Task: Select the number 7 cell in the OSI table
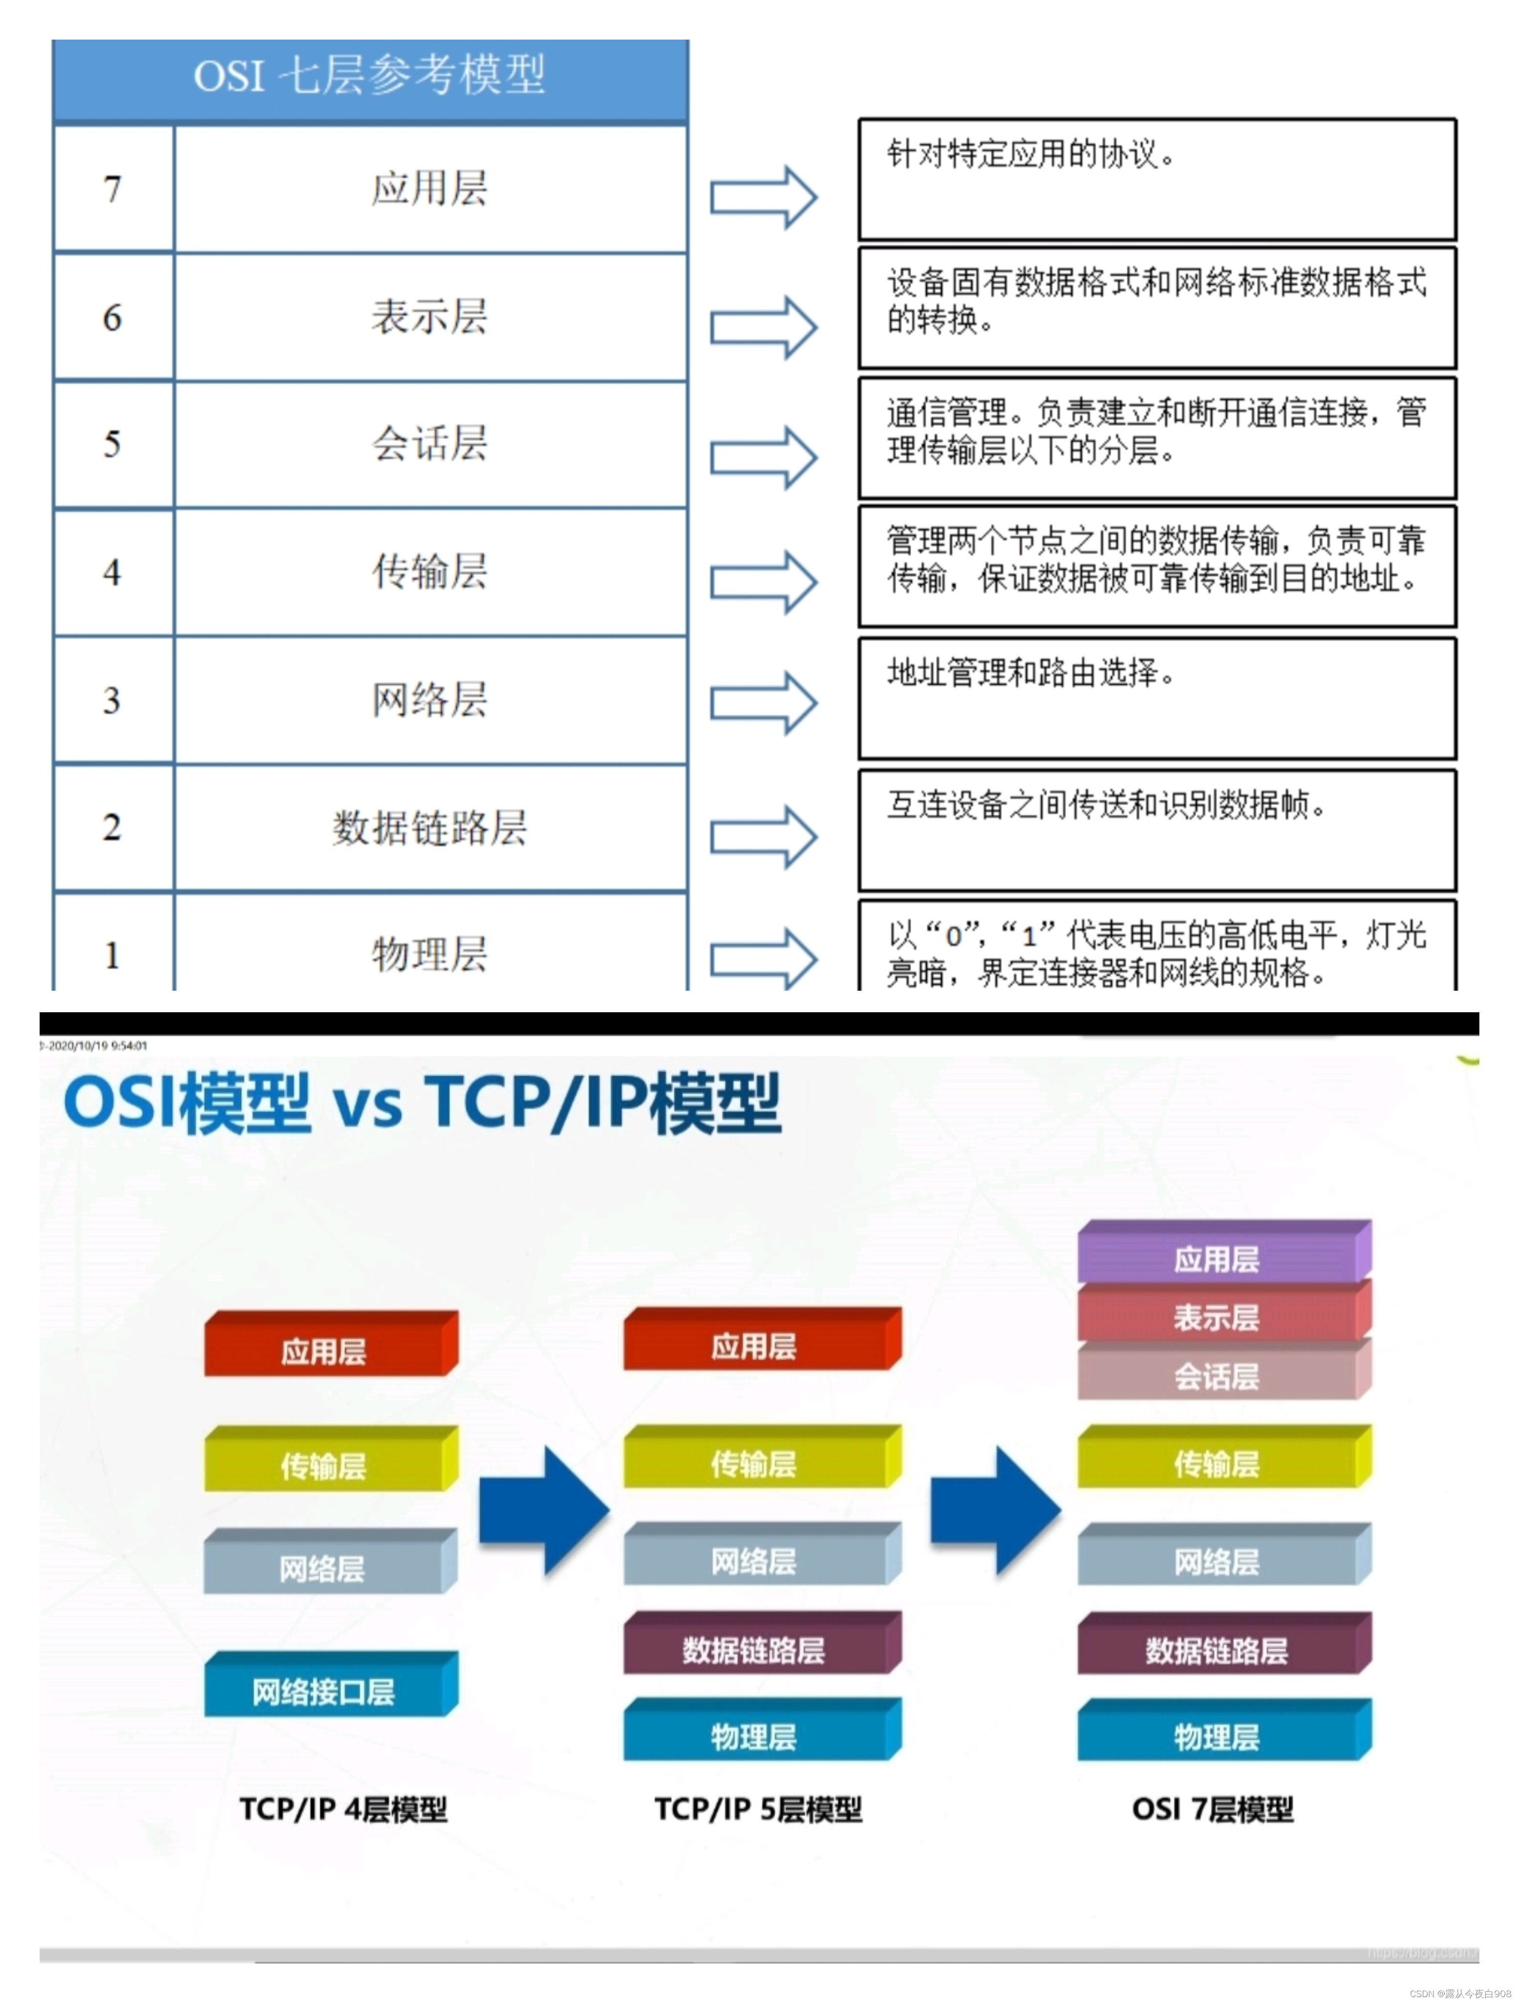112,189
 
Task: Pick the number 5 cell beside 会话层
112,444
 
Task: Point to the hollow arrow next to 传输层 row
762,582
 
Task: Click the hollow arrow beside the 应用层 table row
762,198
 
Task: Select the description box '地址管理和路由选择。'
1157,698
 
